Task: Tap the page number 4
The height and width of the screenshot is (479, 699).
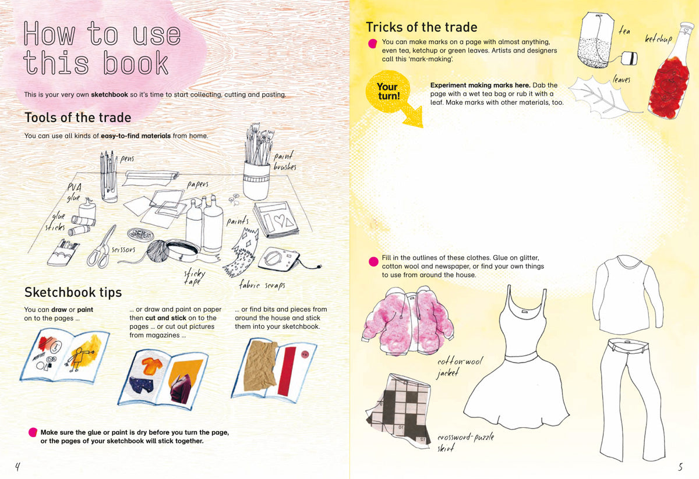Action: click(x=17, y=467)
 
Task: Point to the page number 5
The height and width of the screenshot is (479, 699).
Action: click(x=680, y=467)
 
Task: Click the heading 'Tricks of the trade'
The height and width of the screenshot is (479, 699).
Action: click(x=422, y=27)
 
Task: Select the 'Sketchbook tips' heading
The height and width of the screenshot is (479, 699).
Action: click(x=73, y=293)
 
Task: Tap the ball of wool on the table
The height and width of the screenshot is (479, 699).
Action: click(x=158, y=251)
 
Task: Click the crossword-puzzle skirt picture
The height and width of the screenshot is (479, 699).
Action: click(x=398, y=410)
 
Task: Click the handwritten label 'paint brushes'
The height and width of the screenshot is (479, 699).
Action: click(x=285, y=161)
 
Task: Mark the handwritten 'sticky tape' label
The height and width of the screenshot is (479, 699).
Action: click(x=194, y=278)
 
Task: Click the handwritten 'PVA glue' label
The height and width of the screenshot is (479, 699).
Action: click(x=75, y=193)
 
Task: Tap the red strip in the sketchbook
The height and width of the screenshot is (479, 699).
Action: click(x=287, y=371)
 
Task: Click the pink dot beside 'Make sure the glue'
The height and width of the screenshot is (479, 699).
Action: click(x=33, y=432)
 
